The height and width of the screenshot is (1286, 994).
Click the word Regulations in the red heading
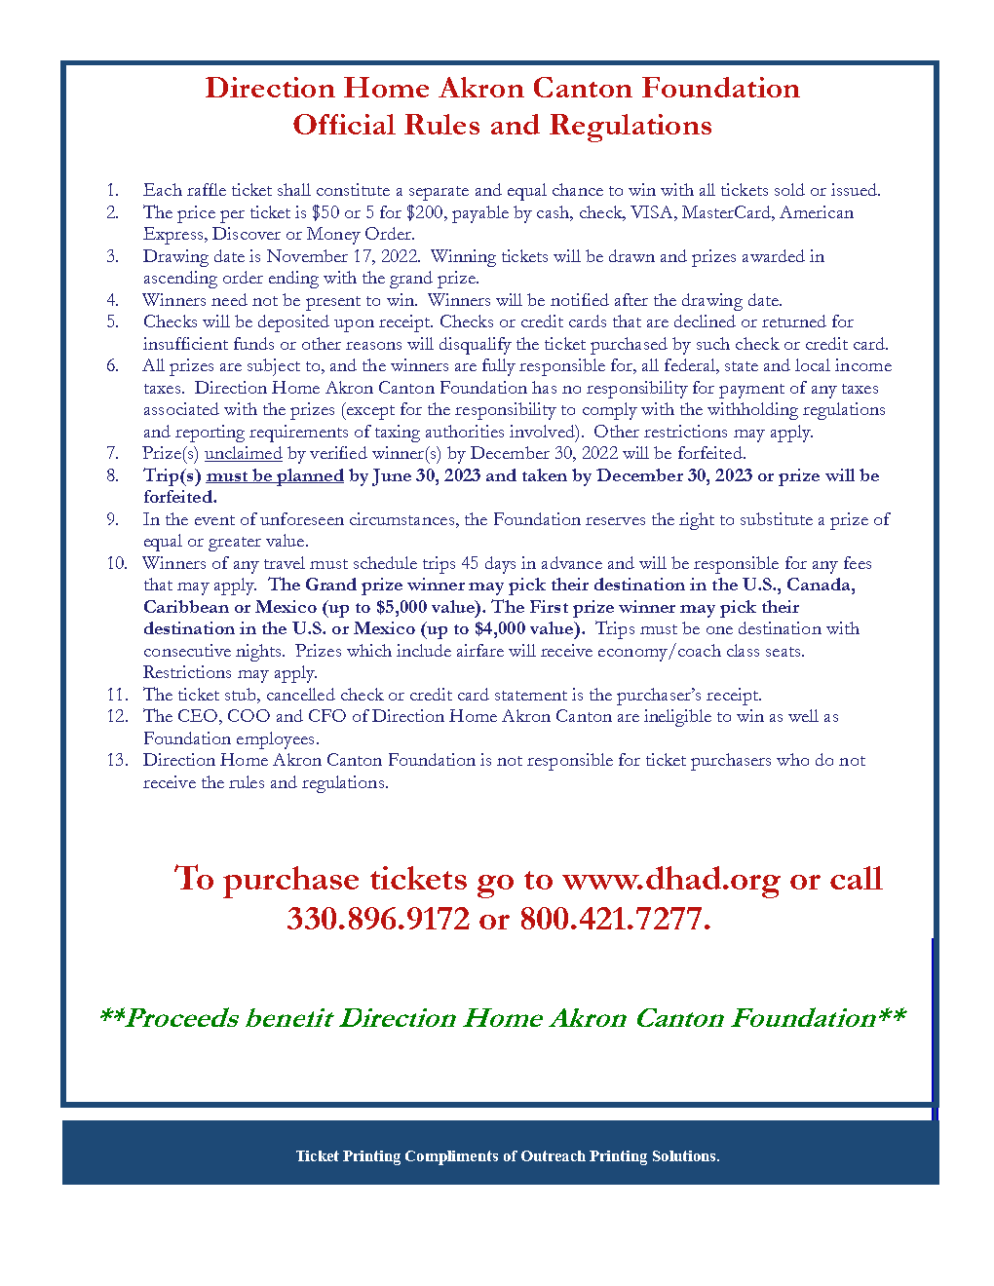631,126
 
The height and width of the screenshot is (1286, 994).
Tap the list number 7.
113,453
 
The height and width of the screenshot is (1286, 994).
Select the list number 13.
117,760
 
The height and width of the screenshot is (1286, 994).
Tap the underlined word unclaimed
243,453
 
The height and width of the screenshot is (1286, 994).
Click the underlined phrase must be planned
275,475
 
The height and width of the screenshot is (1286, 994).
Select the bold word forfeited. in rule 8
180,497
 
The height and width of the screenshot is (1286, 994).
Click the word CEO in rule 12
200,716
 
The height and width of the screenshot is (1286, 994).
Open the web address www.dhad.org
671,879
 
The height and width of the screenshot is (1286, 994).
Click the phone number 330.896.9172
378,918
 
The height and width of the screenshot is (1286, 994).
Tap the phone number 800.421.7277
614,918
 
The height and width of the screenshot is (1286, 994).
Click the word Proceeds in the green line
182,1018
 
